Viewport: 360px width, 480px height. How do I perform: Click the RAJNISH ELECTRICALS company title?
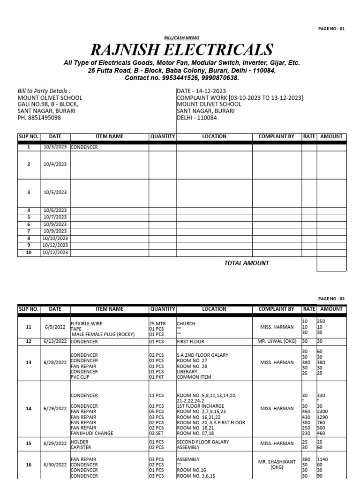coord(182,49)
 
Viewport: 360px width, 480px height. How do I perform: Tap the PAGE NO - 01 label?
coord(331,29)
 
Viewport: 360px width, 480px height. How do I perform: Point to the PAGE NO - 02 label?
coord(331,299)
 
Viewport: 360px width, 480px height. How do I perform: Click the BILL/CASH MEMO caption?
coord(182,37)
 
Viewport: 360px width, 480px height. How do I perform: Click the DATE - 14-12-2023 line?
coord(201,91)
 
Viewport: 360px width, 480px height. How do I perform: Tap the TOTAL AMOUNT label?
coord(247,263)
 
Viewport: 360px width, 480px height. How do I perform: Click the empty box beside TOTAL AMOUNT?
coord(331,263)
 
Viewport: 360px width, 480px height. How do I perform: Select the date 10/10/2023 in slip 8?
coord(55,238)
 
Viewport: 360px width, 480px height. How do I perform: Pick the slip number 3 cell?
coord(29,192)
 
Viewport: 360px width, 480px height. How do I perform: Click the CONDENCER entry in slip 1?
coord(84,147)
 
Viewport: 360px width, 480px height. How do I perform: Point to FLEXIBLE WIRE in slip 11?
coord(86,323)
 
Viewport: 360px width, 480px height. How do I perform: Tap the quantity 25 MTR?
coord(157,323)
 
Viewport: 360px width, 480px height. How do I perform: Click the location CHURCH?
coord(186,323)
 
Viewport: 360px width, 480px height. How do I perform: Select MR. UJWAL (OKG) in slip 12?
coord(277,341)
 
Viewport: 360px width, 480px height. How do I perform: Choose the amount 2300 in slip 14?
coord(324,411)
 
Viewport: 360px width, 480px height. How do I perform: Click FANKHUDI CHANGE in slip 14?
coord(92,434)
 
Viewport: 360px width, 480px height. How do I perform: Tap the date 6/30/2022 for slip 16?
coord(55,465)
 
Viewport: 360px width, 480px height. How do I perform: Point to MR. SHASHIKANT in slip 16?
coord(277,462)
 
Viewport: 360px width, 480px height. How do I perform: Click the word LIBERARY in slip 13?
coord(187,371)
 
